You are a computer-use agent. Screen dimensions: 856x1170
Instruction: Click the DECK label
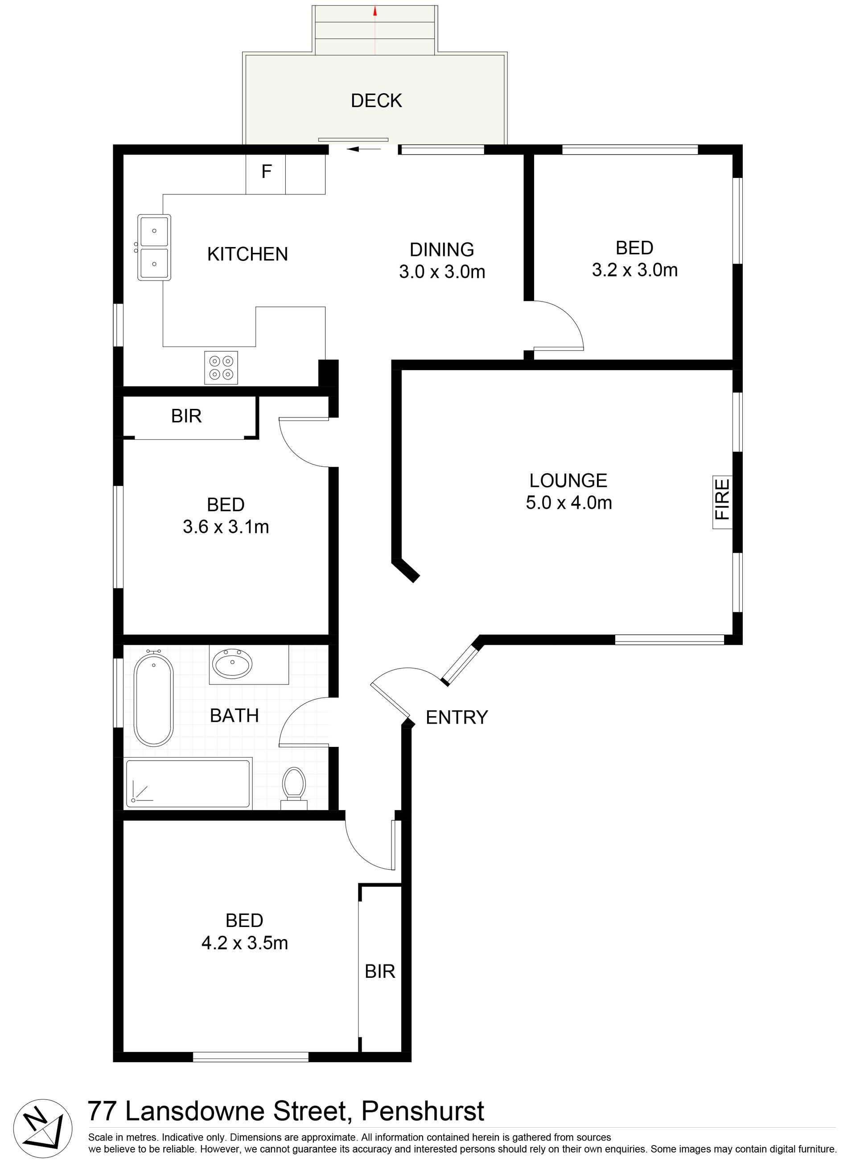376,100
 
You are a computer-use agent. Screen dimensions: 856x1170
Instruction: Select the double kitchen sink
154,247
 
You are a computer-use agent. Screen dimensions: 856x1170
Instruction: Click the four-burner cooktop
221,368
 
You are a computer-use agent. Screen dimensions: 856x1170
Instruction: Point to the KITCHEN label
248,254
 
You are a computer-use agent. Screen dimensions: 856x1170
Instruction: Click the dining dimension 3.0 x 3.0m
442,272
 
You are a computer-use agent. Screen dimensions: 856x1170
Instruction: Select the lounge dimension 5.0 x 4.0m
569,503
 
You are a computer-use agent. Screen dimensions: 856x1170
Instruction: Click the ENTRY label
457,717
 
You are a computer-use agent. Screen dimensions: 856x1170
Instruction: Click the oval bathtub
153,698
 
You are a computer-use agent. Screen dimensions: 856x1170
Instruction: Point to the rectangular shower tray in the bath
189,783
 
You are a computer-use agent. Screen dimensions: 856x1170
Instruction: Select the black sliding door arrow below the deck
364,149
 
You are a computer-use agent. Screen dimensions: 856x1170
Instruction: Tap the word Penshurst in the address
422,1112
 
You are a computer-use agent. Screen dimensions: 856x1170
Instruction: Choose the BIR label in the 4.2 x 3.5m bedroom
380,972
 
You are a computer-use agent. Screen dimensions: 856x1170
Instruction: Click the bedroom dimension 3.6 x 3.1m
226,527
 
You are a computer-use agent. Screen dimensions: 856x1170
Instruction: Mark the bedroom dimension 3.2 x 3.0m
635,270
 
